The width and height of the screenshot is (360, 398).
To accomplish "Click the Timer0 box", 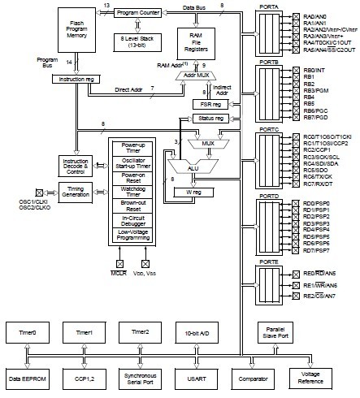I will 27,332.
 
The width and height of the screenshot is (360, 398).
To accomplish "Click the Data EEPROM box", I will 27,379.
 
